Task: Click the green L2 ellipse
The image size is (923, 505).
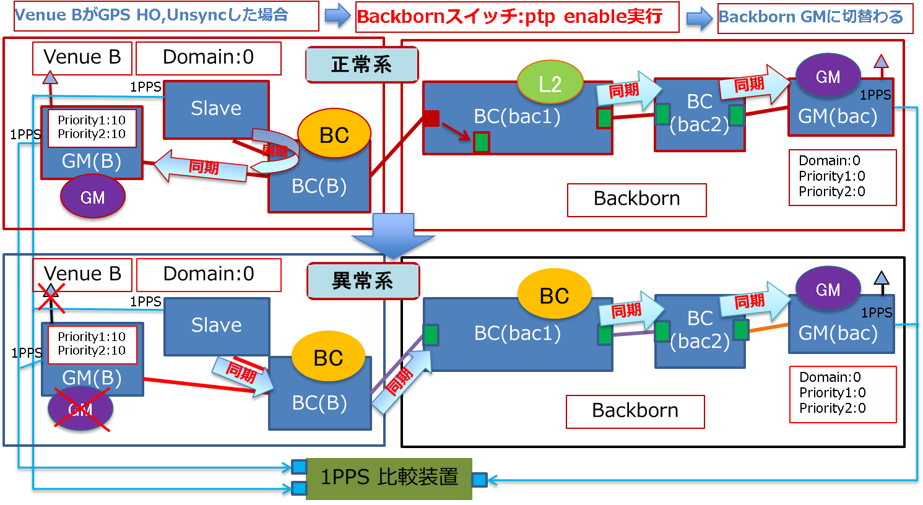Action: click(x=550, y=83)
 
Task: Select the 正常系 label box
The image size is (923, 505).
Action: click(x=362, y=64)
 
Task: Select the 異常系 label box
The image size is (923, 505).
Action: click(x=363, y=281)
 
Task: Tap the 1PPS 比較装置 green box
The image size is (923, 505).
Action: click(x=389, y=478)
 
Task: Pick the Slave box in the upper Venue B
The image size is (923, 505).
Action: click(x=216, y=108)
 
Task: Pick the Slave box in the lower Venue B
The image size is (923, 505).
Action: click(x=216, y=326)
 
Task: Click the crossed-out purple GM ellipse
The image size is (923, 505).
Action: click(x=80, y=410)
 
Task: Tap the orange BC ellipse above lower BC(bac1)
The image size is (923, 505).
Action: click(x=554, y=295)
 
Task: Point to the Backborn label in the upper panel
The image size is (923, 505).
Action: click(x=636, y=199)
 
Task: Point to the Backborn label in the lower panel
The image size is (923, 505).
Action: click(x=635, y=411)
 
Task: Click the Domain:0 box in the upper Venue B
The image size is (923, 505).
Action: click(x=208, y=58)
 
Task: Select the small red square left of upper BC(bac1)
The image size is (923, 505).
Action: click(x=431, y=118)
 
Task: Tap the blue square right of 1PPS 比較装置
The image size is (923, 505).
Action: click(x=479, y=480)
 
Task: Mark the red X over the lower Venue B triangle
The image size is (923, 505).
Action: click(x=50, y=297)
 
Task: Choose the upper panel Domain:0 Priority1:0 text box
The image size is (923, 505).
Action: click(x=843, y=177)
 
